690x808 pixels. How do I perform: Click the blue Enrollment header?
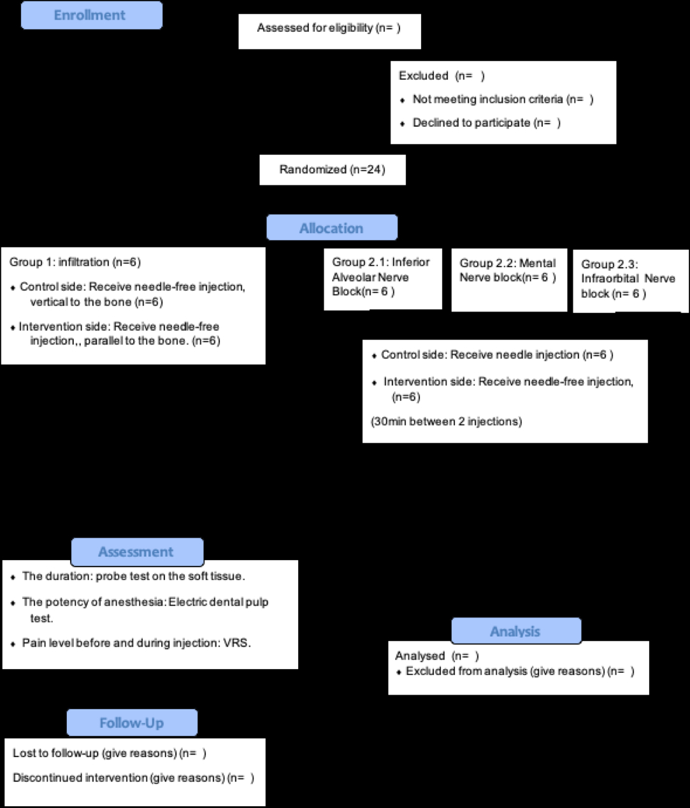coord(91,15)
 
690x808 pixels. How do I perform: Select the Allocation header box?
coord(331,228)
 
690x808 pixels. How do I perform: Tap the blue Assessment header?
coord(136,552)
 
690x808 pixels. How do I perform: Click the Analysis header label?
coord(515,631)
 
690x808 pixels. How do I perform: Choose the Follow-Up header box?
coord(132,723)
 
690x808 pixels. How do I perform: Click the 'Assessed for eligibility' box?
coord(329,29)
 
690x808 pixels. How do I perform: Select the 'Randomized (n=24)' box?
coord(332,170)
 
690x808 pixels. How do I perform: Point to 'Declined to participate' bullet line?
coord(485,123)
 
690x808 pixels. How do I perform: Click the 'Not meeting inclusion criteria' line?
coord(502,99)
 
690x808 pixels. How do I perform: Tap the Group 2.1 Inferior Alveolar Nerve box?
coord(382,277)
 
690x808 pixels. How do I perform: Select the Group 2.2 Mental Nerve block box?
coord(508,271)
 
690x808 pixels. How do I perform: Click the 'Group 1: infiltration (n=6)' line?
coord(75,262)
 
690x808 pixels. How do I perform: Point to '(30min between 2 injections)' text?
coord(446,422)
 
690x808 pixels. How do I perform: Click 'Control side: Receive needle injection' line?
coord(496,355)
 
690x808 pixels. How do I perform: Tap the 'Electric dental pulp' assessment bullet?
coord(145,602)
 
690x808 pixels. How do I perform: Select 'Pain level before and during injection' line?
coord(136,643)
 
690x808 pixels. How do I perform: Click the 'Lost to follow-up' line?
coord(109,753)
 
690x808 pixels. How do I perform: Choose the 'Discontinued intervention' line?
coord(133,778)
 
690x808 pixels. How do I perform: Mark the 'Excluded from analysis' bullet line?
coord(519,671)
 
